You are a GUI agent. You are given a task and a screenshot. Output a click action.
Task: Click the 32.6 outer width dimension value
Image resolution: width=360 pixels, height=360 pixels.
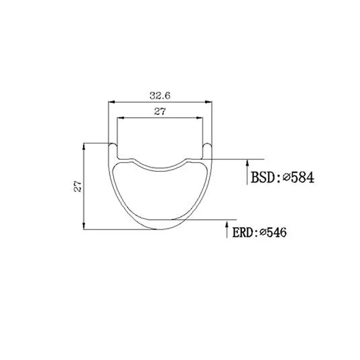pyautogui.click(x=160, y=95)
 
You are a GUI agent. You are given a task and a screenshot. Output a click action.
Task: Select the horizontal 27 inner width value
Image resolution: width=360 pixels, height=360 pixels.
pyautogui.click(x=160, y=112)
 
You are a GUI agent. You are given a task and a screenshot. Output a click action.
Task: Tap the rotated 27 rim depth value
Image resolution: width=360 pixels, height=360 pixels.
pyautogui.click(x=77, y=186)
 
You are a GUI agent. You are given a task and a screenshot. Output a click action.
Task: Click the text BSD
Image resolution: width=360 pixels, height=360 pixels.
pyautogui.click(x=263, y=177)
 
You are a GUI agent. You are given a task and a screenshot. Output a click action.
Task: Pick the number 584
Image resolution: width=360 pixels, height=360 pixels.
pyautogui.click(x=302, y=177)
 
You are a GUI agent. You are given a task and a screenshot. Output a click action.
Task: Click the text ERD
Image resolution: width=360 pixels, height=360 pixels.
pyautogui.click(x=242, y=232)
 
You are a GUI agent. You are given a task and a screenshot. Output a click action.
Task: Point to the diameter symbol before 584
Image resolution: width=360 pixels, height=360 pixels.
pyautogui.click(x=287, y=177)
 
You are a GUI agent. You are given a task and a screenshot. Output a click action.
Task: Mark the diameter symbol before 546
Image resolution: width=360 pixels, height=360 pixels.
pyautogui.click(x=263, y=232)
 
